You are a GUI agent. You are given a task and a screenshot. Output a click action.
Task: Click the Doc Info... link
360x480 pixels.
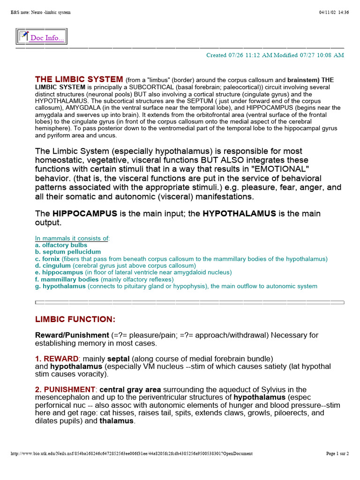tap(47, 38)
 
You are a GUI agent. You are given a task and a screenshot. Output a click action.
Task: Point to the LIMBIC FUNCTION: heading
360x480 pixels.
tap(75, 319)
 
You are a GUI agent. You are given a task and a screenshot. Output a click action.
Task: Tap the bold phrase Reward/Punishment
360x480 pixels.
tap(72, 335)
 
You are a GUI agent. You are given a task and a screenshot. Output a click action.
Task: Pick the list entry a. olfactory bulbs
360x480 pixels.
tap(61, 245)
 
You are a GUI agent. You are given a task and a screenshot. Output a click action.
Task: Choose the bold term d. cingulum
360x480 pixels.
tap(53, 266)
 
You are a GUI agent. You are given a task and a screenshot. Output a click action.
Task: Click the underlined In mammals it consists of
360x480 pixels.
tap(72, 239)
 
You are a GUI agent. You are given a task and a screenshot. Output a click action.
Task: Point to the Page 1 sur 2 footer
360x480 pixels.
tap(337, 453)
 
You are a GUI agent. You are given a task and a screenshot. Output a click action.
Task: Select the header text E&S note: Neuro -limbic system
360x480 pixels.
tap(40, 12)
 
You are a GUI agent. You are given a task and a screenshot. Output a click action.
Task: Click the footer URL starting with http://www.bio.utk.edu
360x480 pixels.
tap(131, 453)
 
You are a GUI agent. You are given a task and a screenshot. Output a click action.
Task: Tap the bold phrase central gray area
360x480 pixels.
tap(130, 390)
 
